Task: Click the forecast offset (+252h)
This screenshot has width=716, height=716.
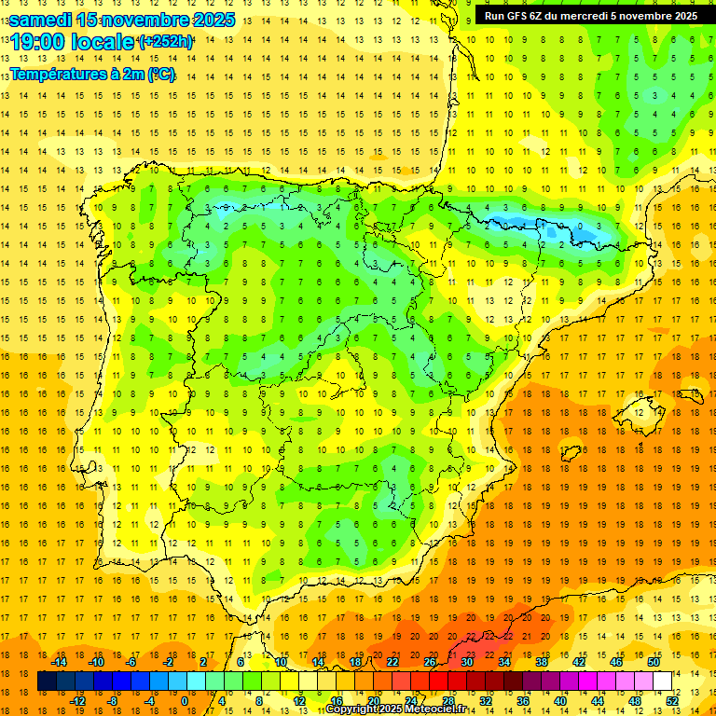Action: tap(165, 42)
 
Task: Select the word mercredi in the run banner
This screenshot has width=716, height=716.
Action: tap(588, 15)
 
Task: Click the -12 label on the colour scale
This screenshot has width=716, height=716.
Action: tap(77, 701)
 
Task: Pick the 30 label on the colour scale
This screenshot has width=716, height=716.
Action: tap(467, 661)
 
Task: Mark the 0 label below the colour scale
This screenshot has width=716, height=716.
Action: tap(185, 701)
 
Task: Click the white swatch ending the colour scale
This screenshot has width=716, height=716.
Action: tap(663, 681)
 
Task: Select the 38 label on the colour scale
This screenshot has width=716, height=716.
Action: tap(542, 661)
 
